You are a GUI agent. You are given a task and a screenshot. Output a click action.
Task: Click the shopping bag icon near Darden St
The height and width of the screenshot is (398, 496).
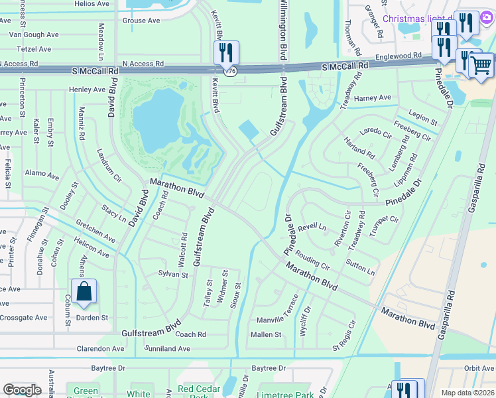[x=84, y=292]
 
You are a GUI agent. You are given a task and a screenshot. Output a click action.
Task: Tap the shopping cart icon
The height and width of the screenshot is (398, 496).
[x=481, y=66]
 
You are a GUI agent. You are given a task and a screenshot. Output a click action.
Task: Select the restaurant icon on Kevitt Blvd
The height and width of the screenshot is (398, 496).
[x=226, y=52]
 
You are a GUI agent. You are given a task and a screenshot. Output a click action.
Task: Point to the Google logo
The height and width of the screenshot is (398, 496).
[x=22, y=389]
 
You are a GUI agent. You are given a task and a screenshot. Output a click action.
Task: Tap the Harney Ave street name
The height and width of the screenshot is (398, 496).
[x=372, y=98]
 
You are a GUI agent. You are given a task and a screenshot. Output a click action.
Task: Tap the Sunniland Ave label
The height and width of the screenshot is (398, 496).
[x=167, y=348]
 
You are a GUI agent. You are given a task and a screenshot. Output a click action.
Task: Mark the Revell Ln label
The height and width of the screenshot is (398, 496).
[x=312, y=227]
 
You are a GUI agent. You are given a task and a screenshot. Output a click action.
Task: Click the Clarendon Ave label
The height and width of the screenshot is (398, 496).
[x=100, y=348]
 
